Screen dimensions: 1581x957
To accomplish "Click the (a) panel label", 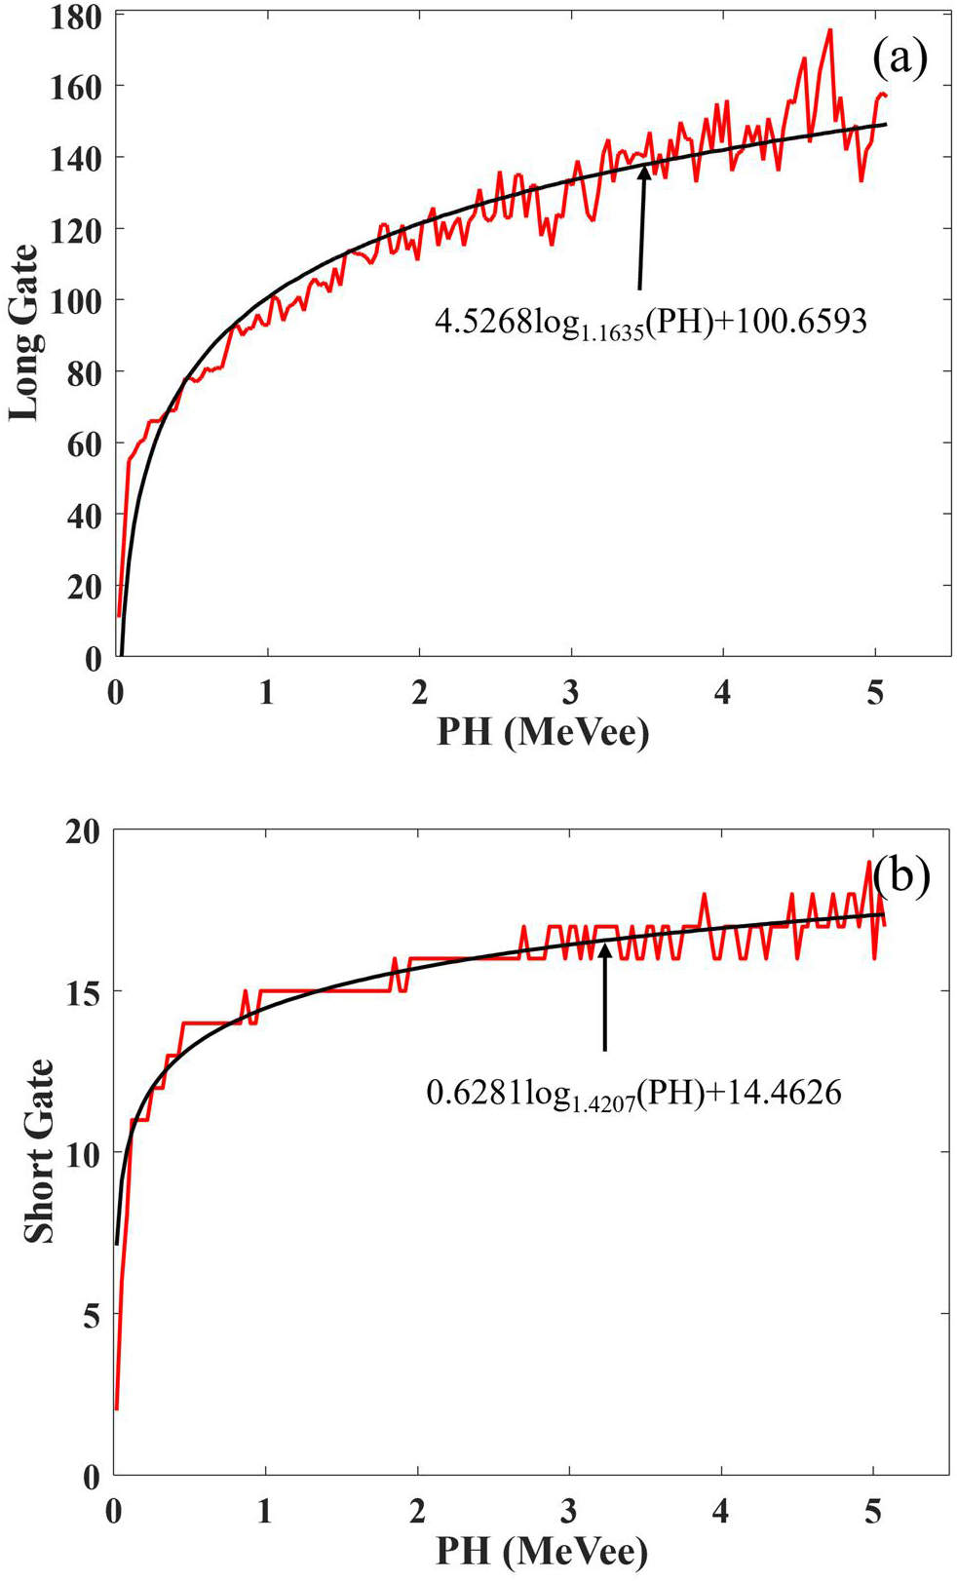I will point(899,59).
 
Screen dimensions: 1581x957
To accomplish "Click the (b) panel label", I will point(900,874).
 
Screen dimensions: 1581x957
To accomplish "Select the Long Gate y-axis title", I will point(23,332).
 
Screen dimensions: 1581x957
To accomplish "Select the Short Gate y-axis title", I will point(38,1151).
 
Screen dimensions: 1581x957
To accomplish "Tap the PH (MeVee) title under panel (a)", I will point(542,730).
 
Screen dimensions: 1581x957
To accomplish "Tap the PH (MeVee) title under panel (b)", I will point(542,1550).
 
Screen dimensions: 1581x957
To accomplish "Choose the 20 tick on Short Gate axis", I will point(84,832).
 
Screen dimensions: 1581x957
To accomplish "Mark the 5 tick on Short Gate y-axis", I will point(92,1316).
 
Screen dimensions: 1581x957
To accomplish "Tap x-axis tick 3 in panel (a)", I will point(571,692).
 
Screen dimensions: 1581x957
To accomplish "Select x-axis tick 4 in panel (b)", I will point(721,1511).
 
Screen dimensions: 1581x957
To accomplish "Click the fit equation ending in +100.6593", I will point(650,322).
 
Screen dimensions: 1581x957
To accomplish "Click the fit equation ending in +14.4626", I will point(633,1093).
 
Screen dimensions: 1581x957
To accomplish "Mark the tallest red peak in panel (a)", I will point(829,30).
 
